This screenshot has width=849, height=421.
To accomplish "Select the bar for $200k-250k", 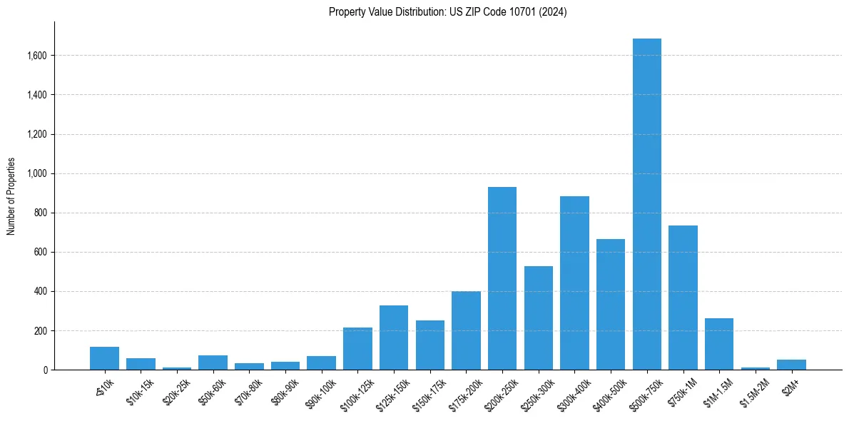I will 502,278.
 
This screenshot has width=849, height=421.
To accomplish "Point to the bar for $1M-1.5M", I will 719,344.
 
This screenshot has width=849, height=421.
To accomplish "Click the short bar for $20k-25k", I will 177,368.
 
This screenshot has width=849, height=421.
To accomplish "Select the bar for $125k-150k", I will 394,338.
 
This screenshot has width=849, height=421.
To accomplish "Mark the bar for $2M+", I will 791,365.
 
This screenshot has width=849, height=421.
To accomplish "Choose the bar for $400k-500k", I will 611,304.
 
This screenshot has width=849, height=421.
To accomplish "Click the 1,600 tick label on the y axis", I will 38,56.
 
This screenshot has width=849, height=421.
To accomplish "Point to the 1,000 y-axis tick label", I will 38,173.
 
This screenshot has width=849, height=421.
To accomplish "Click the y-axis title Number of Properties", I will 11,196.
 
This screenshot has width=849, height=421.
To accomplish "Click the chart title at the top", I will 447,12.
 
